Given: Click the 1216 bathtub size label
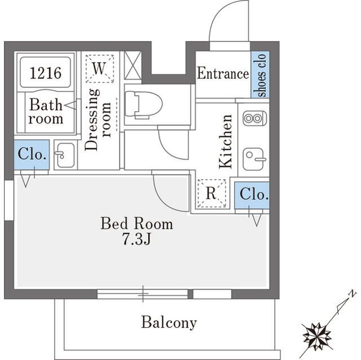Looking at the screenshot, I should point(46,73).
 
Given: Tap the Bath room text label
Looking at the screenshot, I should point(46,112).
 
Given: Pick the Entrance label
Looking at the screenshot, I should point(223,74).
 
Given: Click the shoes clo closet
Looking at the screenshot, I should point(261,74).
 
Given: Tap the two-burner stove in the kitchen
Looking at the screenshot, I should point(254,119).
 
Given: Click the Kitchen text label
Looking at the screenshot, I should point(226,141).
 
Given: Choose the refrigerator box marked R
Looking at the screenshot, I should point(211,193).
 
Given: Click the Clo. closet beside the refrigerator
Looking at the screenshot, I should point(252,194).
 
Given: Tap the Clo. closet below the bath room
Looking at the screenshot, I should point(32,154).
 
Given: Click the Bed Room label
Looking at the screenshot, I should point(137,224).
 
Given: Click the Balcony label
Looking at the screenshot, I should point(169,323).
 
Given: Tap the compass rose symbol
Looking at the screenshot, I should point(316,335).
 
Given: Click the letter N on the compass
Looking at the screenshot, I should point(351,294).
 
